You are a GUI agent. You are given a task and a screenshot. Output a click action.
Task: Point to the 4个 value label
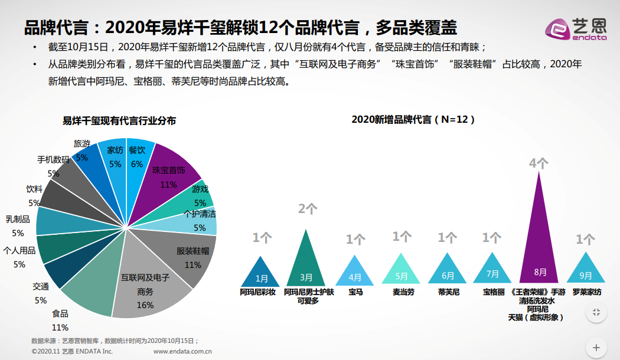(539, 163)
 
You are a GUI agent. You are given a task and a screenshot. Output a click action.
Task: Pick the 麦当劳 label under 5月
(402, 292)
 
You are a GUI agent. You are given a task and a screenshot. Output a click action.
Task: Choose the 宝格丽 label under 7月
(494, 292)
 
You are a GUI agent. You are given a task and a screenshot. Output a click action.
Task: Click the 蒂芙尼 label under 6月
(448, 292)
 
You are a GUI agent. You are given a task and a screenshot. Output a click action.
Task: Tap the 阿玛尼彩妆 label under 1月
(258, 292)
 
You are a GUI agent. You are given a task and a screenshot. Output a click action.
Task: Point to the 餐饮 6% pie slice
(136, 162)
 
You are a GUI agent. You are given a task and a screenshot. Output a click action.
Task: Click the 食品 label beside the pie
(60, 313)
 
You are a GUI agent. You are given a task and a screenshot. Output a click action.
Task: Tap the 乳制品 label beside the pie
(18, 219)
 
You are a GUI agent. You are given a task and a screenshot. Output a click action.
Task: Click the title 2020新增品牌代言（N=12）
(413, 119)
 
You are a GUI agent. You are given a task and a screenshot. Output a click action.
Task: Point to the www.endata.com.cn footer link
(182, 351)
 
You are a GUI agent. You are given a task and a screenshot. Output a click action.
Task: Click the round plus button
(596, 347)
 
